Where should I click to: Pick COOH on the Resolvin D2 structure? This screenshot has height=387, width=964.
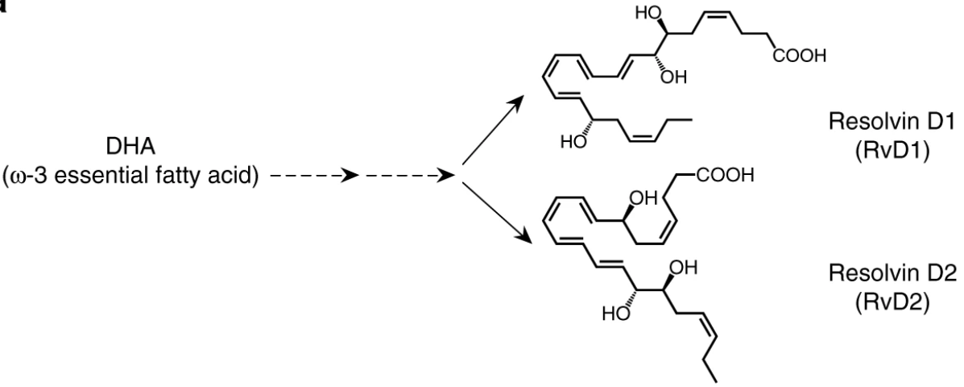click(x=722, y=177)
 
